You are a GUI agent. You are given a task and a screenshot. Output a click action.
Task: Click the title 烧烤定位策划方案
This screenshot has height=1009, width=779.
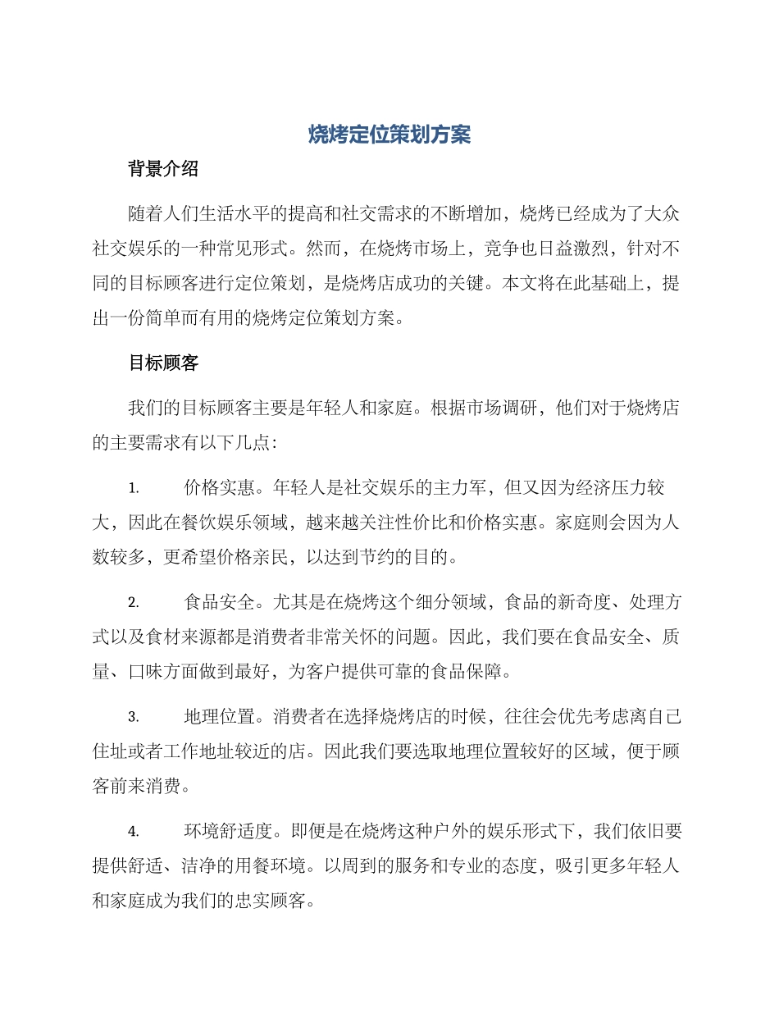[x=389, y=135]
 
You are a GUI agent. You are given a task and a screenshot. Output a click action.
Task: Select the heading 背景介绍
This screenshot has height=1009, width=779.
[x=163, y=170]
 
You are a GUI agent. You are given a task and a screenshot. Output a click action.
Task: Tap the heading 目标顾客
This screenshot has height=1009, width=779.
[x=163, y=363]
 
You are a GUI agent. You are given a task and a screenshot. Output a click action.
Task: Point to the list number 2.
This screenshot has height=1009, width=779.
[x=134, y=603]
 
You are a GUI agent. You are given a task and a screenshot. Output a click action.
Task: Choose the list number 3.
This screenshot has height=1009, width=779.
[x=134, y=717]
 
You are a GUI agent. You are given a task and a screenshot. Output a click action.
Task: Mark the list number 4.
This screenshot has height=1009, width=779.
[x=134, y=831]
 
